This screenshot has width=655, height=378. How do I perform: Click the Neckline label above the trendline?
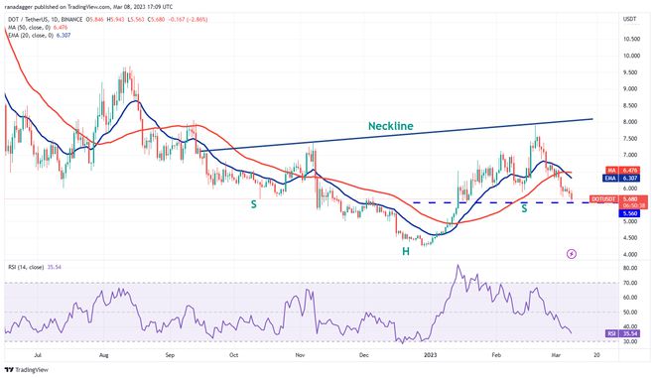pyautogui.click(x=404, y=126)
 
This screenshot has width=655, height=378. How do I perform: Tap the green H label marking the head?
pyautogui.click(x=406, y=252)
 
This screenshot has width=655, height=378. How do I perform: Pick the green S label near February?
pyautogui.click(x=524, y=208)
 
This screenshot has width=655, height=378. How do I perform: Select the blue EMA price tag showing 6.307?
pyautogui.click(x=630, y=179)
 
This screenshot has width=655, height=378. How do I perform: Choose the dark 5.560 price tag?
pyautogui.click(x=630, y=212)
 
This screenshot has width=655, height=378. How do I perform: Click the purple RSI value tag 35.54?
pyautogui.click(x=630, y=334)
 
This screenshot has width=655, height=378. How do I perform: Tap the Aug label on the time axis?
pyautogui.click(x=103, y=352)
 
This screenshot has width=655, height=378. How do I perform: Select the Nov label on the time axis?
pyautogui.click(x=300, y=352)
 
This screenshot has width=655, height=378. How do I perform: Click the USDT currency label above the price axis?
pyautogui.click(x=628, y=18)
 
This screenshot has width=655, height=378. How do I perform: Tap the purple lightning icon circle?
pyautogui.click(x=571, y=254)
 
